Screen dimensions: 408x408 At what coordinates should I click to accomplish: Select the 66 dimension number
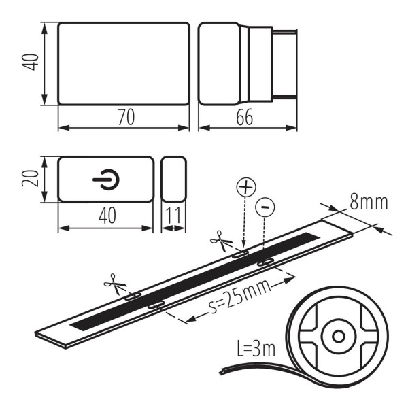[x=245, y=117]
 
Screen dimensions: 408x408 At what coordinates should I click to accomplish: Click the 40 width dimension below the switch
[x=107, y=216]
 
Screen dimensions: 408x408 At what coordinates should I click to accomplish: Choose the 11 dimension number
[x=173, y=216]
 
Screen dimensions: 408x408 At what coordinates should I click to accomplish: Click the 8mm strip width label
[x=367, y=201]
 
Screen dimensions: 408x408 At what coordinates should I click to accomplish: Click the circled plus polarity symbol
[x=244, y=186]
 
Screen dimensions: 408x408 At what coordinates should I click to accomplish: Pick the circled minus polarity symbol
[x=265, y=205]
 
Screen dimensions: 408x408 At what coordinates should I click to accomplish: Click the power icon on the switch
[x=107, y=180]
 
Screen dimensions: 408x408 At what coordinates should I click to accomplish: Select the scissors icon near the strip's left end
[x=111, y=280]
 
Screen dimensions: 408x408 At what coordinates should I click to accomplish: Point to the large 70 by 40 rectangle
[x=123, y=64]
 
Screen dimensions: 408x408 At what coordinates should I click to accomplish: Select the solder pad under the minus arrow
[x=265, y=261]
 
